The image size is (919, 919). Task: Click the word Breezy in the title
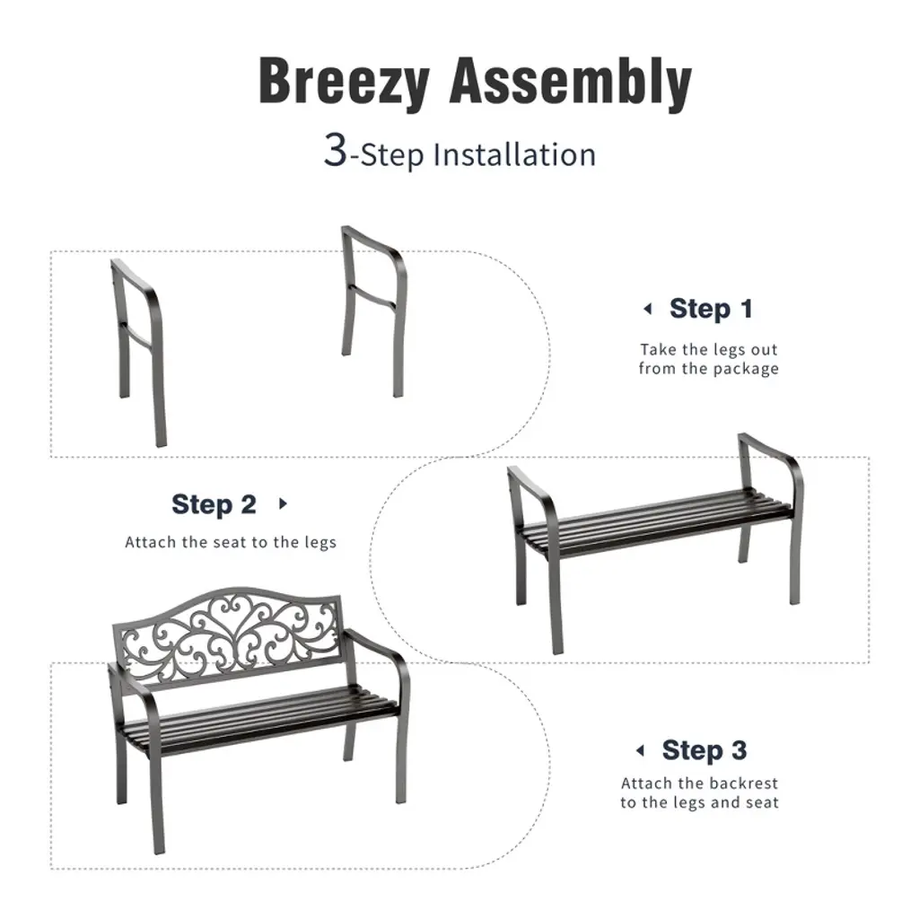(x=345, y=82)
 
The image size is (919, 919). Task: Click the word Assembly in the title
(x=570, y=81)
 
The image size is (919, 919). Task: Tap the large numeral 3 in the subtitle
(x=336, y=150)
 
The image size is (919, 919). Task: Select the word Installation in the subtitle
(x=514, y=154)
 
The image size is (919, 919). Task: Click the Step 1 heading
(x=711, y=309)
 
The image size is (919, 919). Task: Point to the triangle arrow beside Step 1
(x=648, y=309)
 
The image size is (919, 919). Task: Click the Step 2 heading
(x=214, y=504)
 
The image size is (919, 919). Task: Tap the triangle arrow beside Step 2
(x=283, y=503)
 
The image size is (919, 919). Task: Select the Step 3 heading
(x=704, y=750)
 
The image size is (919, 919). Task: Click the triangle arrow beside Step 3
(x=640, y=750)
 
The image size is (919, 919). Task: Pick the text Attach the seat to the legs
(x=231, y=542)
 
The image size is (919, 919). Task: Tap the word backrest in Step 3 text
(x=742, y=783)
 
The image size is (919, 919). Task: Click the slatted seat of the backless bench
(x=656, y=519)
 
